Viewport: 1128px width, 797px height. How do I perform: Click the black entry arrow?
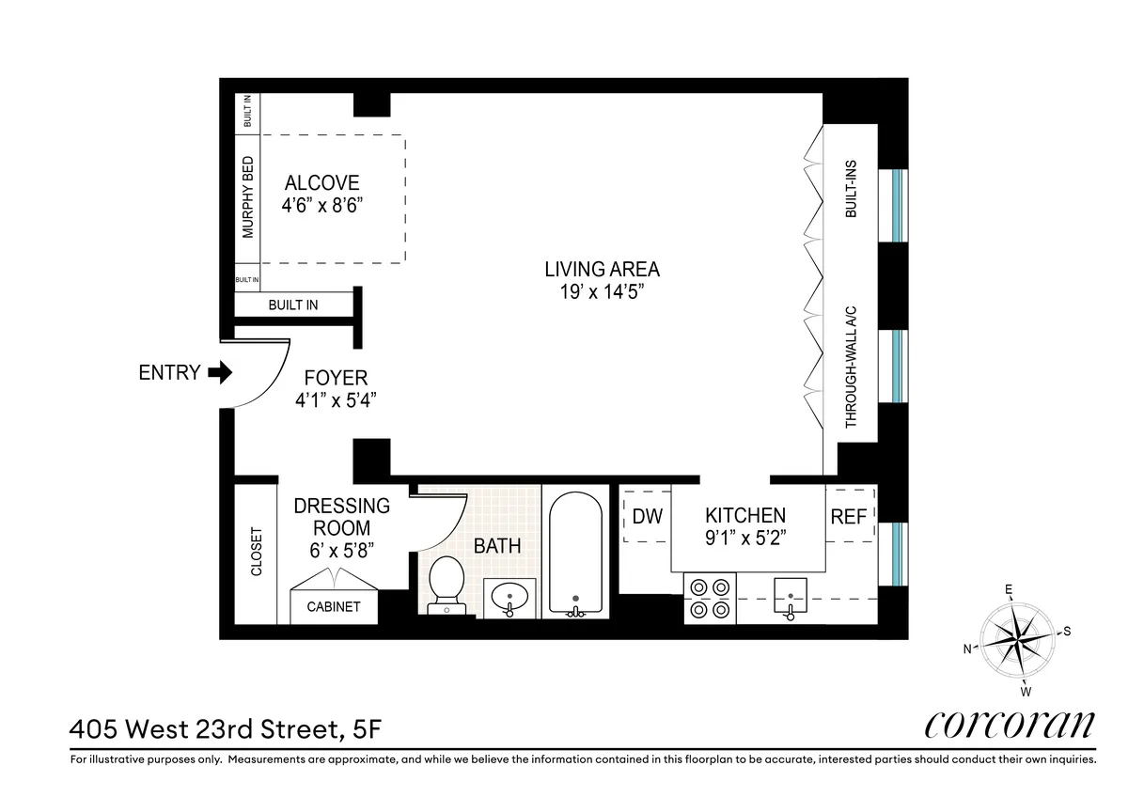(x=220, y=373)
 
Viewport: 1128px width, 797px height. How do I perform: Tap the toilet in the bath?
(x=446, y=583)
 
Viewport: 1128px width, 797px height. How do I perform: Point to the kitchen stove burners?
(x=710, y=598)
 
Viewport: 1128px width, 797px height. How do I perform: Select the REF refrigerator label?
(x=848, y=516)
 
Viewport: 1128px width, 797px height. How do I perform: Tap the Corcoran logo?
(x=1010, y=725)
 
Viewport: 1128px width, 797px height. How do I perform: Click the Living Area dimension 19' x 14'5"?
(x=602, y=293)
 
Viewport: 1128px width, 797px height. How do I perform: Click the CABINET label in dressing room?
(x=334, y=607)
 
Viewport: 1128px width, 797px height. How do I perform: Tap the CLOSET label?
(x=256, y=552)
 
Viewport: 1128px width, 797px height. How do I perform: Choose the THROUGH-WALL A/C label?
(x=852, y=367)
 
